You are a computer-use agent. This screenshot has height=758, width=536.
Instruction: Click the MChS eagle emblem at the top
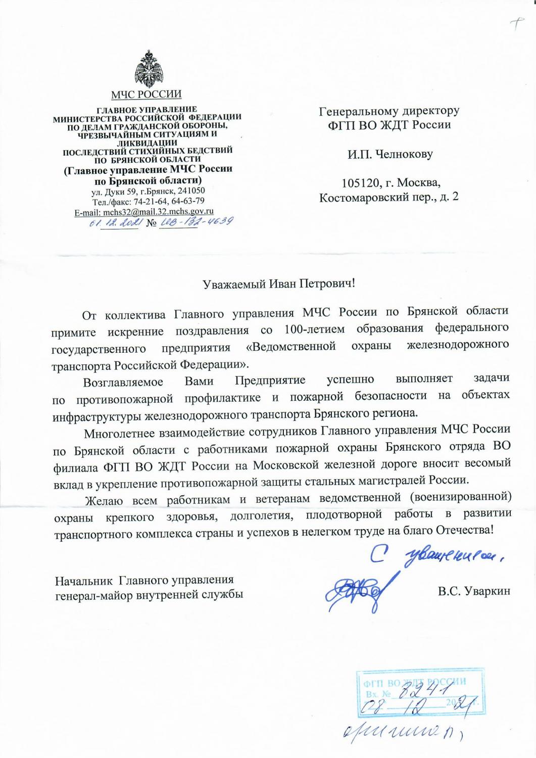tap(147, 69)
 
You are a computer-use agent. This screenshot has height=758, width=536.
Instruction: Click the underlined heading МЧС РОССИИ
tap(147, 94)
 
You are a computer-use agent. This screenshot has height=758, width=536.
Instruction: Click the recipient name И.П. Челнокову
tap(389, 154)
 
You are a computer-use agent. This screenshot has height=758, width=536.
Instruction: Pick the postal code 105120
tap(361, 182)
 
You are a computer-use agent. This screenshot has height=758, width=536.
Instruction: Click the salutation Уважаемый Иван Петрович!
tap(279, 284)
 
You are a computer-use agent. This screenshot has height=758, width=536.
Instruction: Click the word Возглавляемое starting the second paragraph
tap(123, 382)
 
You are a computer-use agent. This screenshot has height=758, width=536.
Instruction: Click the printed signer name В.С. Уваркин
tap(474, 591)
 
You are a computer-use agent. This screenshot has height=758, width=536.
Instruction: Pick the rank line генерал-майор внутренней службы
tap(149, 595)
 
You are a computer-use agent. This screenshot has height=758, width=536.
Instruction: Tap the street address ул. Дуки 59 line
tap(148, 191)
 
